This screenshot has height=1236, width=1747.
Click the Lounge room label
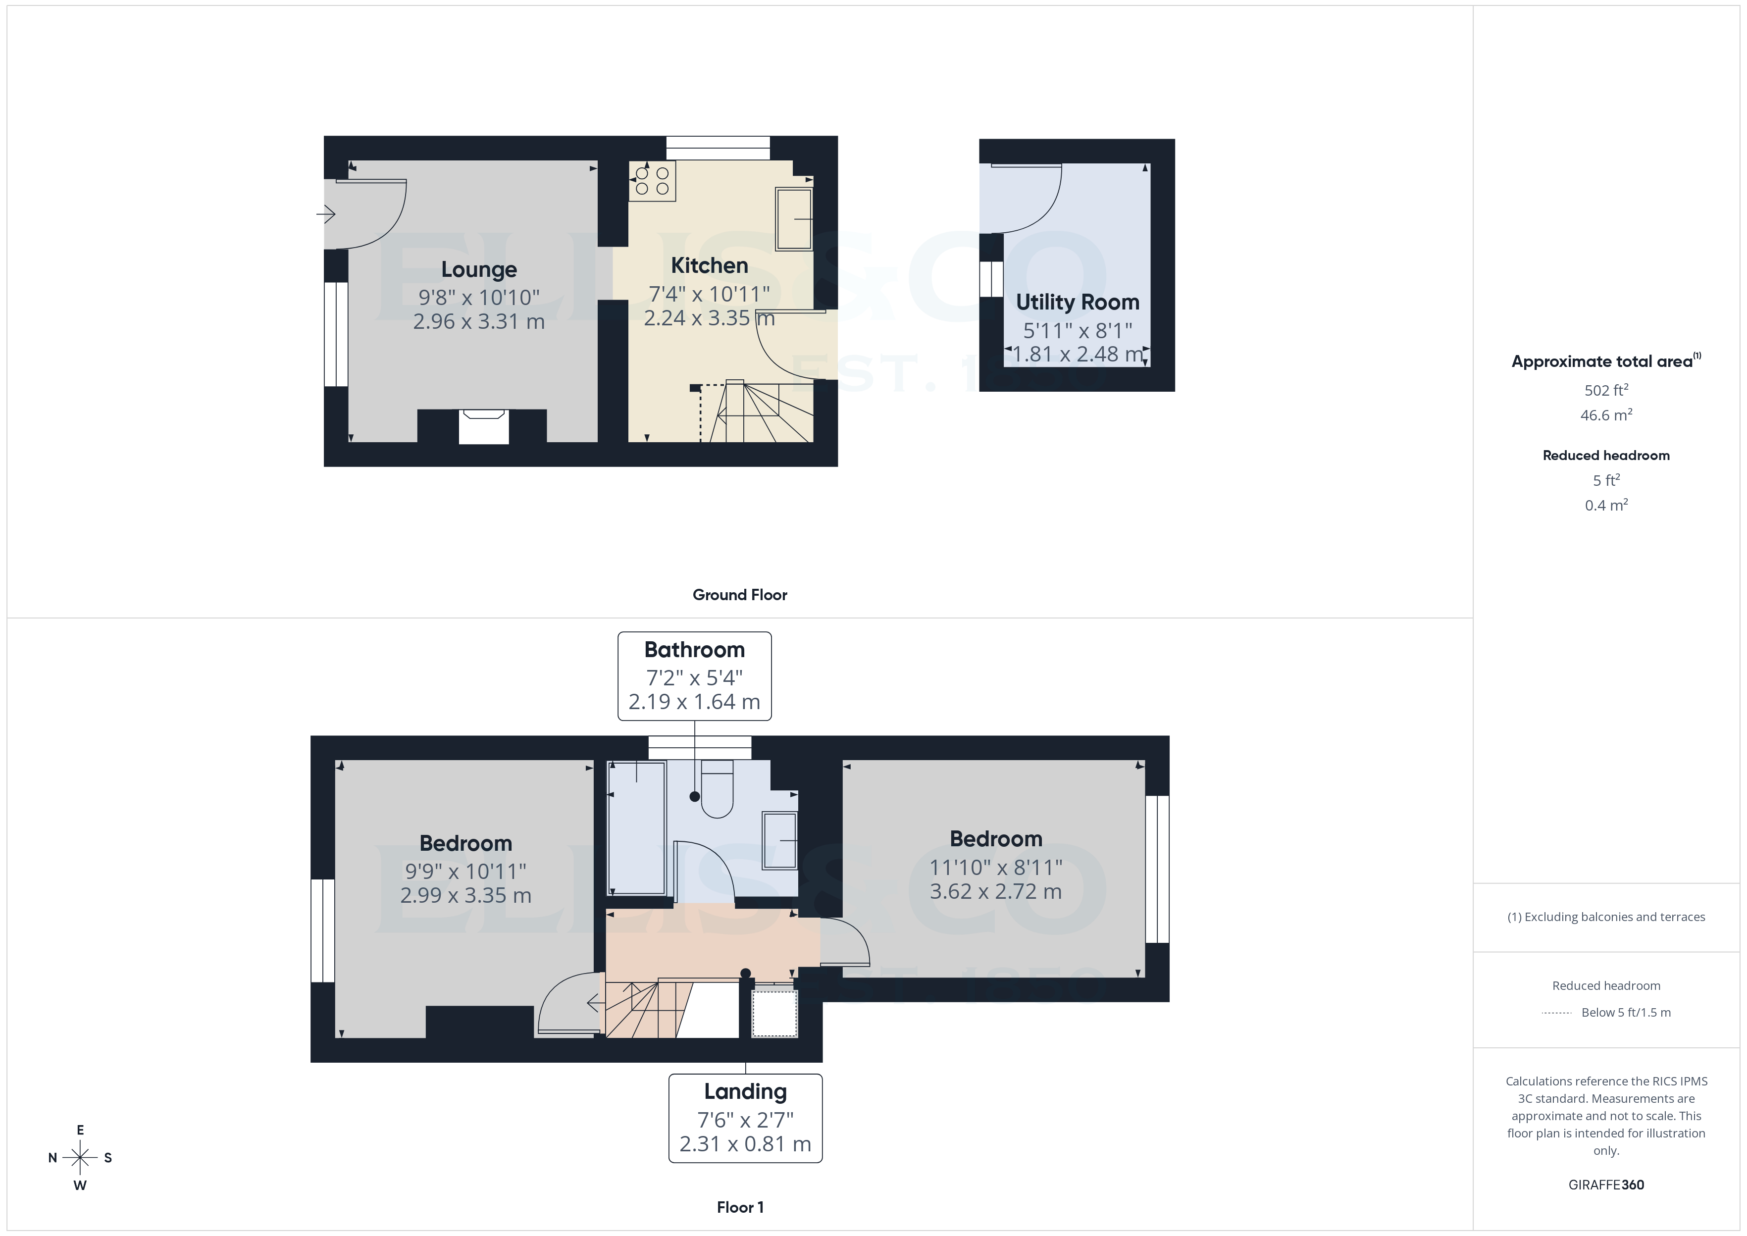479,269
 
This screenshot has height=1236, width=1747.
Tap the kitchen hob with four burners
652,181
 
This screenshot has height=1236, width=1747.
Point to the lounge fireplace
483,426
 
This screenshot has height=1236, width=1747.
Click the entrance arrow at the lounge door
326,214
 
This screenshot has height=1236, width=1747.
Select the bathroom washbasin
779,840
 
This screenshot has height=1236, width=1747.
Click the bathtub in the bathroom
637,827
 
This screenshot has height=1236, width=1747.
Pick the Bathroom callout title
694,650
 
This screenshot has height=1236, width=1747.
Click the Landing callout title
745,1091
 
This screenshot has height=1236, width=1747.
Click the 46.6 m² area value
1605,415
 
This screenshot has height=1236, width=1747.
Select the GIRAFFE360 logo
1605,1185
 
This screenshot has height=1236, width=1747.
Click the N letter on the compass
52,1158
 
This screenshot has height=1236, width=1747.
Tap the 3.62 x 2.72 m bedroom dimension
995,891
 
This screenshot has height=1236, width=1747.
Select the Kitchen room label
709,265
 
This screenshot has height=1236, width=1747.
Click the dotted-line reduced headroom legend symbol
1556,1013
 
